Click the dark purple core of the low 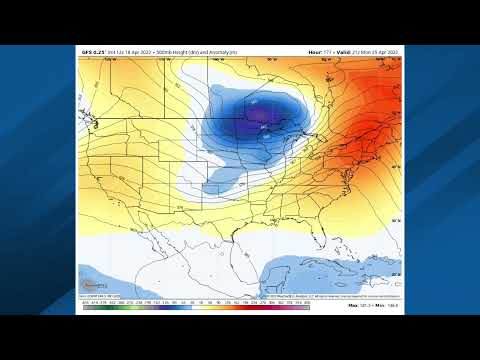[261, 116]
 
